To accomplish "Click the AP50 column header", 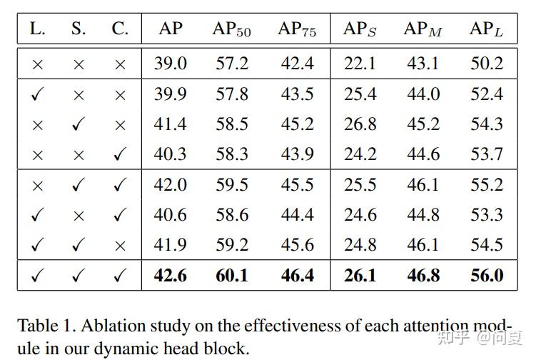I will pos(231,29).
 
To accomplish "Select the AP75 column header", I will pos(297,29).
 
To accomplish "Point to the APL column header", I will pos(487,29).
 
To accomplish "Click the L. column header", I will pos(37,29).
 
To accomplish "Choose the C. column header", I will pos(120,29).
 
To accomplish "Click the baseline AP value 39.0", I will pos(170,64).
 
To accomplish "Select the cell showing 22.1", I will pos(360,64).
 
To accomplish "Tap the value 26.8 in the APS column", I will pos(360,124).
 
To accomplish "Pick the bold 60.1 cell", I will pos(231,275).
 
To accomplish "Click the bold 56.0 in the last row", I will pos(487,275).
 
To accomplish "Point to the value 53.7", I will pos(487,154).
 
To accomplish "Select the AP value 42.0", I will pos(170,185).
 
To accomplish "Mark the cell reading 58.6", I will pos(231,215).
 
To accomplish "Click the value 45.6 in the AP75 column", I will pos(297,245).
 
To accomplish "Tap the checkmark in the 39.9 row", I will pos(37,94).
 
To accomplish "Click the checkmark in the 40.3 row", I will pos(120,154).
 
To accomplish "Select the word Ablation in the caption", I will pos(107,326).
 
